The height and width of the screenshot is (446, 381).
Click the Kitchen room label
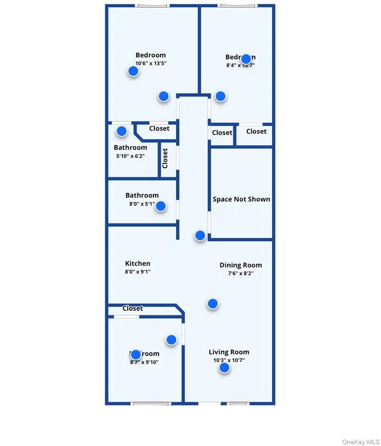pyautogui.click(x=138, y=264)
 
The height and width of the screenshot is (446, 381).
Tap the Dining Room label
pyautogui.click(x=241, y=265)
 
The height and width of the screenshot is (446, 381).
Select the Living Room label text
pyautogui.click(x=229, y=352)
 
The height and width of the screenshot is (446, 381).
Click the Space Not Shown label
pyautogui.click(x=241, y=199)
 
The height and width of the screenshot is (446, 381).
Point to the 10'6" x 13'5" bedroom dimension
pyautogui.click(x=151, y=63)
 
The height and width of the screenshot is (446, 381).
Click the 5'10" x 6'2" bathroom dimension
pyautogui.click(x=130, y=156)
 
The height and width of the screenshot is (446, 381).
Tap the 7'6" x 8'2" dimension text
pyautogui.click(x=240, y=273)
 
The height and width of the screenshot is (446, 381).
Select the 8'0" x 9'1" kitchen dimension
pyautogui.click(x=138, y=271)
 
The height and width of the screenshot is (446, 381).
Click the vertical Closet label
pyautogui.click(x=165, y=158)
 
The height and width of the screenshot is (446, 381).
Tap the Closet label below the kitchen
pyautogui.click(x=133, y=308)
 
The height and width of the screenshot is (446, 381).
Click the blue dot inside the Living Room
pyautogui.click(x=224, y=368)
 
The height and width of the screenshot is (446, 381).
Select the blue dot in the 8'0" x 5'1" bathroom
pyautogui.click(x=161, y=206)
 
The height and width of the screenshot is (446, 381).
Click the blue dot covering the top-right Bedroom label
pyautogui.click(x=246, y=59)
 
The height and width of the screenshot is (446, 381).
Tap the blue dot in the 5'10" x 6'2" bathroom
pyautogui.click(x=121, y=131)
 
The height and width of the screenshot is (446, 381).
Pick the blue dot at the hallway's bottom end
pyautogui.click(x=200, y=235)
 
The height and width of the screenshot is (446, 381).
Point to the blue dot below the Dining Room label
pyautogui.click(x=212, y=303)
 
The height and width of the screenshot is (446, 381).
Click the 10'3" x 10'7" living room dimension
pyautogui.click(x=229, y=360)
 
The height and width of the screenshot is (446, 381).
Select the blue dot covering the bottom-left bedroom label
pyautogui.click(x=136, y=355)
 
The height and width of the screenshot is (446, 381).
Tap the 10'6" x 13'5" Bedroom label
pyautogui.click(x=151, y=55)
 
